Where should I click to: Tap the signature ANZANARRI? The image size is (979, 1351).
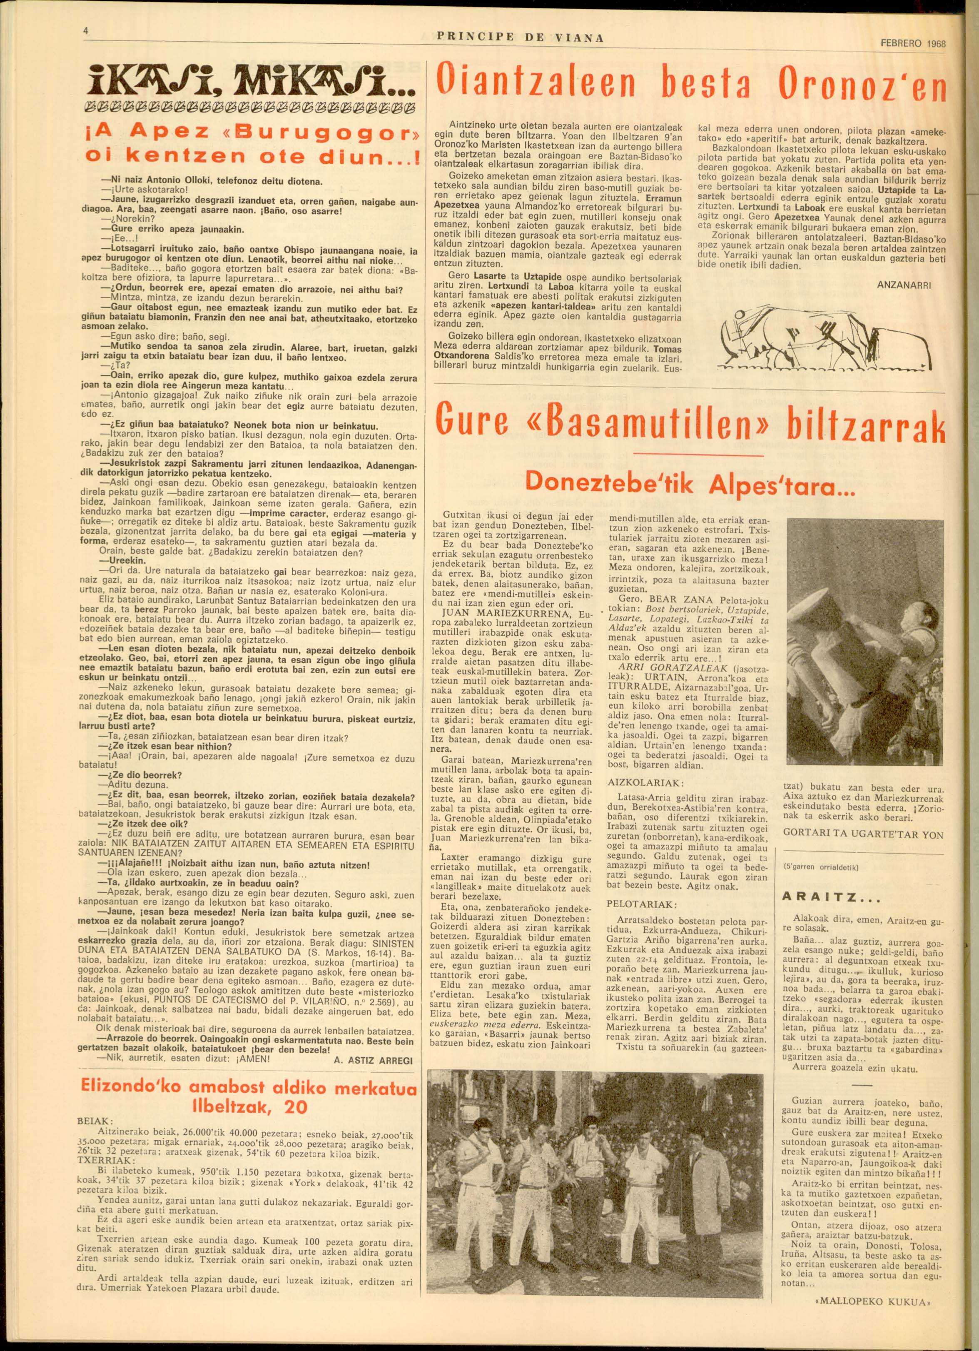click(903, 285)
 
